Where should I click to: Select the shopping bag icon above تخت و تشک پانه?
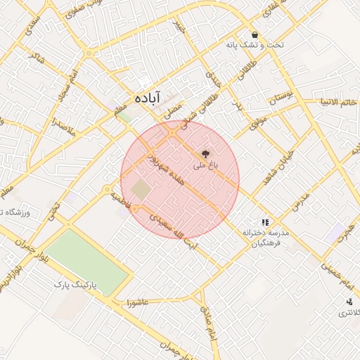[x=254, y=34]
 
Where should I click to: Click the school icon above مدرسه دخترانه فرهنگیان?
[x=265, y=222]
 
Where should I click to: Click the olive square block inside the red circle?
[x=141, y=189]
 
